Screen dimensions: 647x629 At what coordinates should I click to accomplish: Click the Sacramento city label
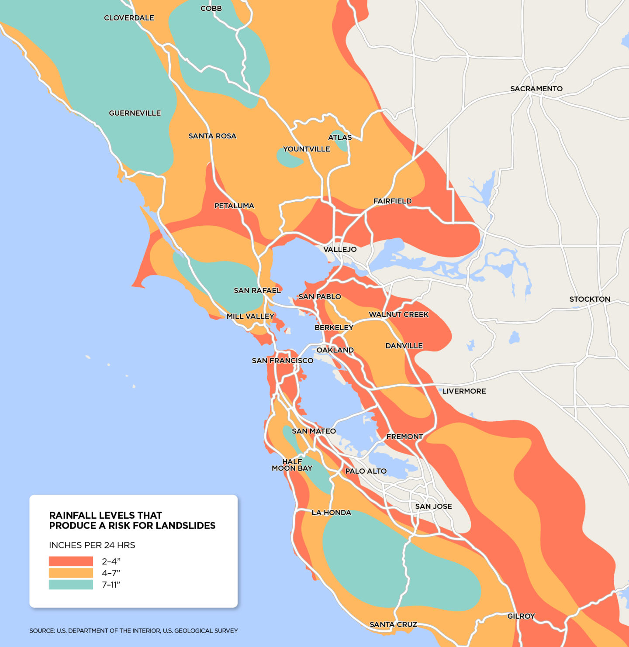(536, 89)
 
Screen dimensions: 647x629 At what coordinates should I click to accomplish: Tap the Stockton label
(589, 299)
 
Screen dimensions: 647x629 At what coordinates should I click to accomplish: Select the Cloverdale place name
(129, 18)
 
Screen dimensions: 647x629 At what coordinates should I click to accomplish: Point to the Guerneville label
(135, 113)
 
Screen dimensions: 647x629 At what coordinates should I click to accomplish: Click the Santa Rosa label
(212, 136)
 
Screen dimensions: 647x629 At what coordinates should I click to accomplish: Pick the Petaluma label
(234, 206)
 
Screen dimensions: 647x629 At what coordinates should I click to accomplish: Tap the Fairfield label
(392, 201)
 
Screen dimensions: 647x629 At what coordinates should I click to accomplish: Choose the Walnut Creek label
(398, 314)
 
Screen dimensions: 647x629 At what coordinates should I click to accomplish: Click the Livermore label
(464, 391)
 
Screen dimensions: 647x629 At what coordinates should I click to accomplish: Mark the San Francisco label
(282, 361)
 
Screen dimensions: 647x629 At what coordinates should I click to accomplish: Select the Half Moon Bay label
(292, 465)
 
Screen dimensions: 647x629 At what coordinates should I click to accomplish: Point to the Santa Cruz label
(393, 624)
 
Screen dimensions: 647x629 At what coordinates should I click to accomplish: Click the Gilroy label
(521, 616)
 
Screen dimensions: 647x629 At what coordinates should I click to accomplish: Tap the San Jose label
(433, 506)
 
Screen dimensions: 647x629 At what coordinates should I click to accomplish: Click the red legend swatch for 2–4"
(71, 561)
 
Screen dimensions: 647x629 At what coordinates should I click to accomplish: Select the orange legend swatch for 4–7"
(71, 573)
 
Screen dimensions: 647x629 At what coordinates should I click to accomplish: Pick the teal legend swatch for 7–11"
(71, 585)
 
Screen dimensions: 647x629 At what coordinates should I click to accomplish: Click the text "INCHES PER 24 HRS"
(92, 545)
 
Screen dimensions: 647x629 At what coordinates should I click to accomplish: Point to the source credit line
(133, 630)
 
